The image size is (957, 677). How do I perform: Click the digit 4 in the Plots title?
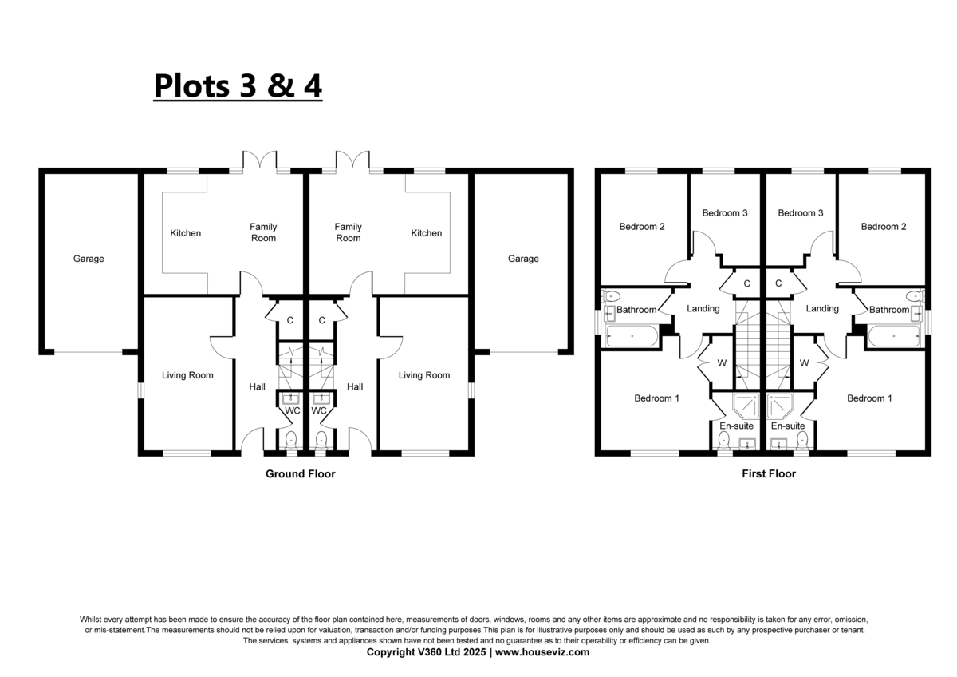(313, 85)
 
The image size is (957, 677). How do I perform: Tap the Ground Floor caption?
(301, 474)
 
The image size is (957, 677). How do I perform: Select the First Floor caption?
(769, 474)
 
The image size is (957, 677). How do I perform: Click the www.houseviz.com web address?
(542, 652)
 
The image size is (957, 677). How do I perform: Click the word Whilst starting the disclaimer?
(90, 620)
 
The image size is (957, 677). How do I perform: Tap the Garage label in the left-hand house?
(89, 259)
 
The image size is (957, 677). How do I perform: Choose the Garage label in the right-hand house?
(523, 259)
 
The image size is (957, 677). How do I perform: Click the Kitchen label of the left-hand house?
(185, 233)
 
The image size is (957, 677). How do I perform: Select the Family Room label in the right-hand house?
(349, 232)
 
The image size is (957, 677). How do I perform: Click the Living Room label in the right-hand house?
(424, 375)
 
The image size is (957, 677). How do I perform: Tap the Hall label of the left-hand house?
(257, 387)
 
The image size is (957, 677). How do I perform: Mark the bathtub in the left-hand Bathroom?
(632, 336)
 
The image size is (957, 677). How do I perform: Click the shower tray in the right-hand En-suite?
(780, 406)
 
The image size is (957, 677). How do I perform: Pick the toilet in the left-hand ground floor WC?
(291, 440)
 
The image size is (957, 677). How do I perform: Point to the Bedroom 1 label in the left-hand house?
(656, 398)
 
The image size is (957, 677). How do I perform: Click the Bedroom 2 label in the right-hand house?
(884, 227)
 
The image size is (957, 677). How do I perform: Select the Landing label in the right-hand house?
(822, 309)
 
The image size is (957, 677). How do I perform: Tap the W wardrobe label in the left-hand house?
(722, 363)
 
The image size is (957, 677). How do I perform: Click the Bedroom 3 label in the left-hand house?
(725, 213)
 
